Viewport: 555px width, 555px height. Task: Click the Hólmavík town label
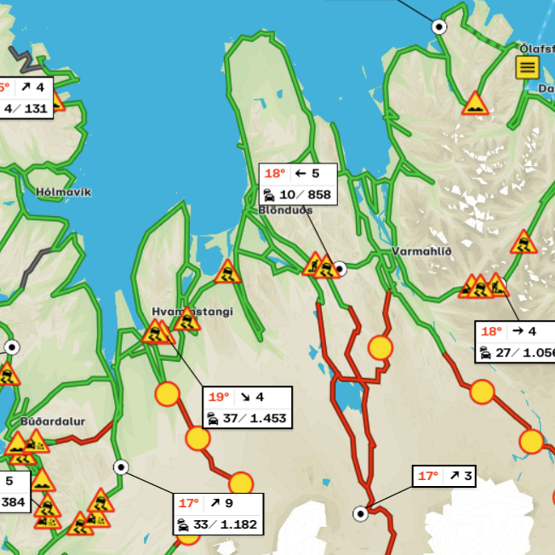tap(64, 192)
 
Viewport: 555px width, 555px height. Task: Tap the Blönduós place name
tap(285, 210)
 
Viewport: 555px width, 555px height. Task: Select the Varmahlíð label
tap(422, 251)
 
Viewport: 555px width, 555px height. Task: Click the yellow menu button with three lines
tap(527, 67)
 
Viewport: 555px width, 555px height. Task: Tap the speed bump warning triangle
tap(475, 105)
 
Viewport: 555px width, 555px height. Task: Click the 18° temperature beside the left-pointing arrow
tap(275, 174)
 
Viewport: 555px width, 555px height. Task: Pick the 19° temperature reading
tap(220, 398)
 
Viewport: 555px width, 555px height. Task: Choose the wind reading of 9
tap(229, 503)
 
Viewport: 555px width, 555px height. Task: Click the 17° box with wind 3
tap(443, 476)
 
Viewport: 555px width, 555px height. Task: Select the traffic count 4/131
tap(26, 108)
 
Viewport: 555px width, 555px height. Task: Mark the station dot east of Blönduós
tap(340, 269)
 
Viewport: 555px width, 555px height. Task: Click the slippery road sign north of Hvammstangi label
tap(227, 272)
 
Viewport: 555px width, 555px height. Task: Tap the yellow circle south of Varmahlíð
tap(380, 347)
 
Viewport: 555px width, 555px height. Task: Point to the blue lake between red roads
tap(346, 392)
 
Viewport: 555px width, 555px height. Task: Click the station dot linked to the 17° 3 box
tap(361, 512)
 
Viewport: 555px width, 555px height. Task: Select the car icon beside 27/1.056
tap(485, 353)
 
